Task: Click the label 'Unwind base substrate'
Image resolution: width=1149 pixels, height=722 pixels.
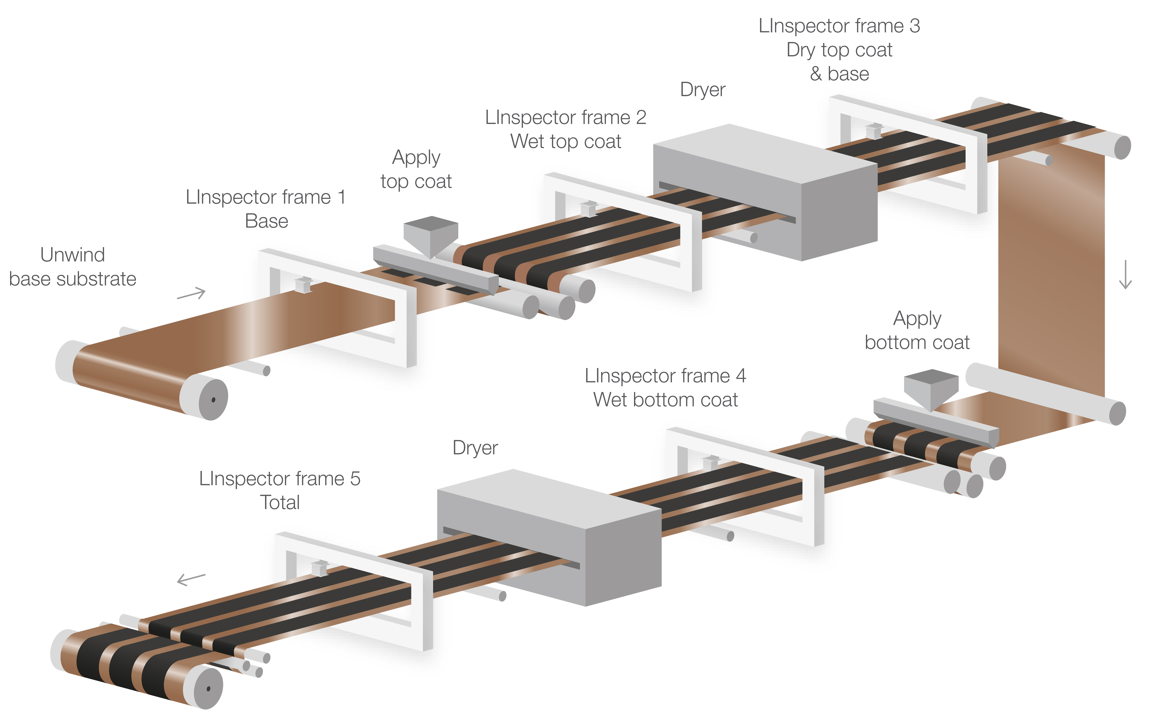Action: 73,267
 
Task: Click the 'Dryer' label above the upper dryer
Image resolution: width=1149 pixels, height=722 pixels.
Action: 702,90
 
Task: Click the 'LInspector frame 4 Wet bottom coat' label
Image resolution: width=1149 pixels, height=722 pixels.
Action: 665,387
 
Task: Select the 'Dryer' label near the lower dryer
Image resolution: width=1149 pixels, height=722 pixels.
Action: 475,448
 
